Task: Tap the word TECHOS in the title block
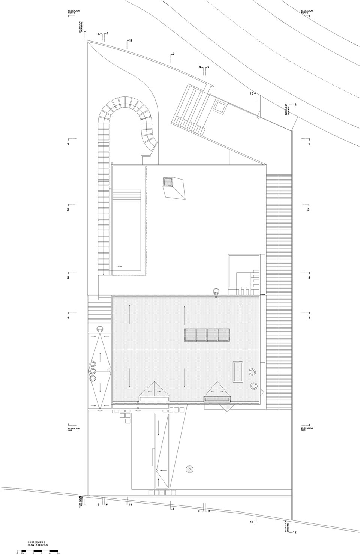click(42, 545)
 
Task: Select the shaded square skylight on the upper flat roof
click(167, 183)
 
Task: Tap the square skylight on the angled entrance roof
click(219, 108)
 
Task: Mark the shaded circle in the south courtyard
click(189, 469)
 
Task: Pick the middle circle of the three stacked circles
click(93, 371)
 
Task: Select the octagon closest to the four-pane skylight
click(252, 372)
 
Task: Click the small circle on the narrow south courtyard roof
click(156, 471)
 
